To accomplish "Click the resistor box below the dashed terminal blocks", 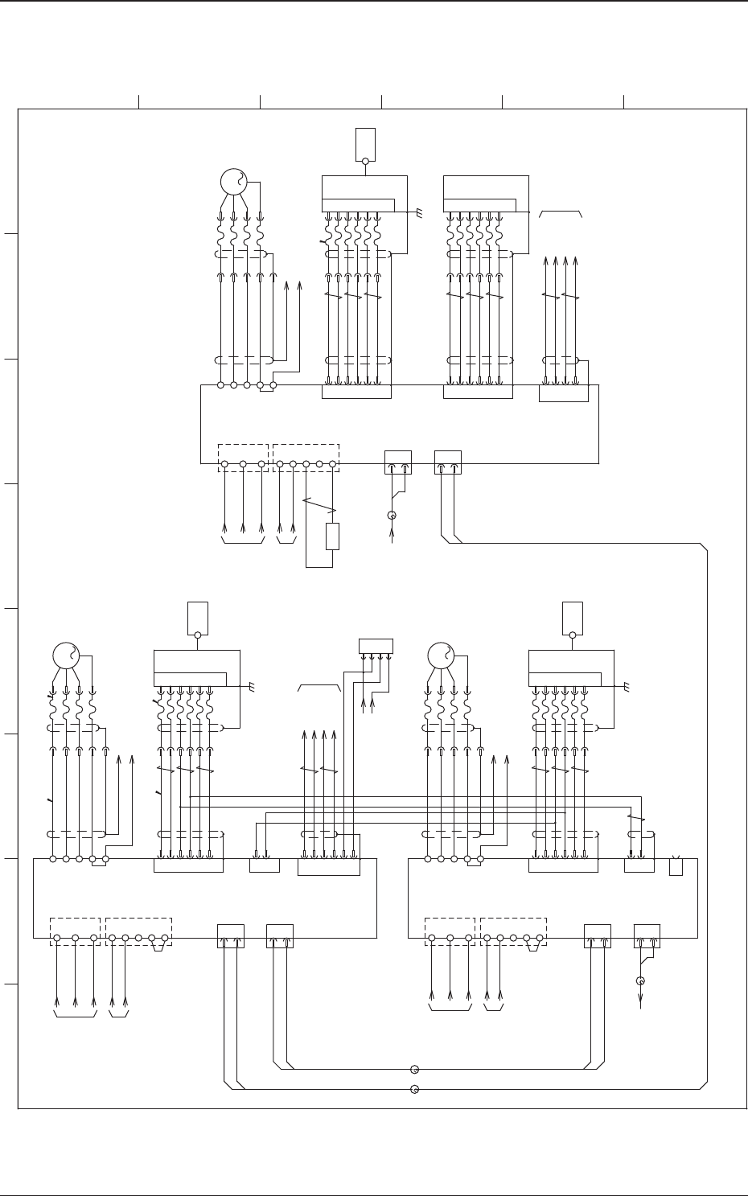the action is tap(332, 536).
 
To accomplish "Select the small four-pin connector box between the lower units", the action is tap(376, 646).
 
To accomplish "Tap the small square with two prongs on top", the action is tap(676, 866).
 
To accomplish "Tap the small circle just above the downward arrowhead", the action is tap(640, 980).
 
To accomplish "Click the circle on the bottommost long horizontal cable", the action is tap(414, 1090).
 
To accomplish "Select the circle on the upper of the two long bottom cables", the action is tap(414, 1070).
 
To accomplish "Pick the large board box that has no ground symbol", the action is tap(486, 193).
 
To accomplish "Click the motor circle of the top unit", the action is tap(233, 182).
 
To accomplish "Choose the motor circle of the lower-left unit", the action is tap(66, 656).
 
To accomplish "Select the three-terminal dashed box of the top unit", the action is tap(243, 457).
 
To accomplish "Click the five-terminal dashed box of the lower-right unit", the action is tap(513, 931).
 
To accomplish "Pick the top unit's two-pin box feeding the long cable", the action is tap(448, 462).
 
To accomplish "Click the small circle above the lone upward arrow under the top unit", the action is tap(392, 515).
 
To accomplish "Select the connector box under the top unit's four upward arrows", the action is tap(563, 393).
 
